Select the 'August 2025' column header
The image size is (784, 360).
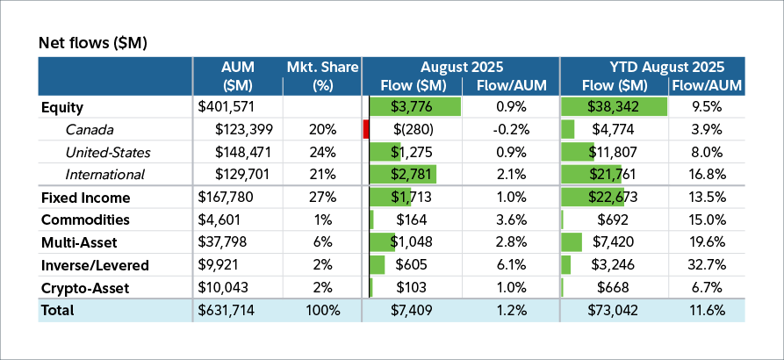(x=461, y=67)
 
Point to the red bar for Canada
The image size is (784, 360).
(x=365, y=130)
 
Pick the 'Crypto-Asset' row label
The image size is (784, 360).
(x=84, y=288)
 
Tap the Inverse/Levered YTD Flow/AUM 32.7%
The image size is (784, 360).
(x=706, y=265)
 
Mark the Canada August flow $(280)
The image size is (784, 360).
(x=423, y=130)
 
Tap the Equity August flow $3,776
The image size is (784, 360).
(x=424, y=107)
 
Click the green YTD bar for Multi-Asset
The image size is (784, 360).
(x=572, y=243)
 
